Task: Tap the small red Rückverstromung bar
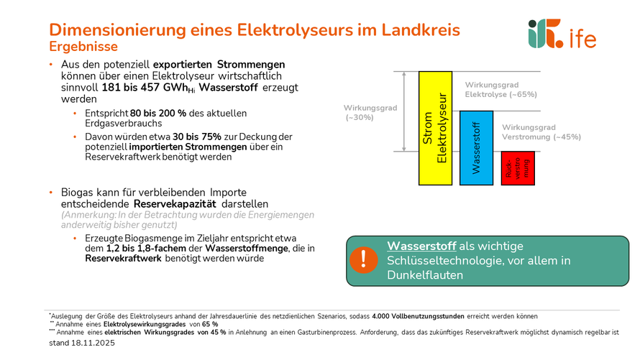pyautogui.click(x=518, y=168)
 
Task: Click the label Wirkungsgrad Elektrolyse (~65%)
pyautogui.click(x=500, y=89)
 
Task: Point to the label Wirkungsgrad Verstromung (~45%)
pyautogui.click(x=541, y=132)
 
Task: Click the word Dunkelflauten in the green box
pyautogui.click(x=424, y=274)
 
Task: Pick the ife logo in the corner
pyautogui.click(x=561, y=34)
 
